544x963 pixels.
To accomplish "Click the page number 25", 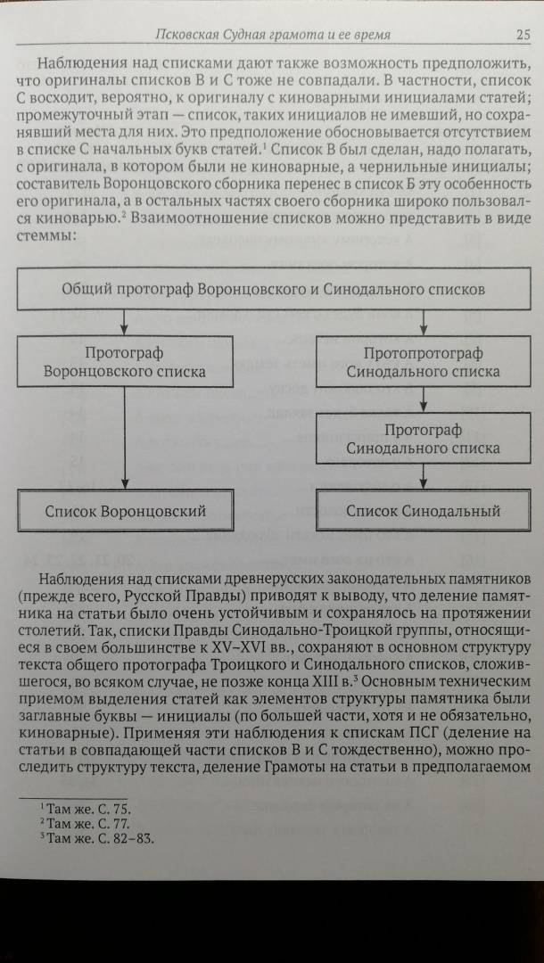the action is coord(523,35).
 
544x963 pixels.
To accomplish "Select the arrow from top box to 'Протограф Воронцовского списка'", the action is coord(125,323).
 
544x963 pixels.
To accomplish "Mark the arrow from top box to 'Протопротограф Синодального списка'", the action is coord(423,323).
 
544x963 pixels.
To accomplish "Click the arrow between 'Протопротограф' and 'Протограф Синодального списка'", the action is coord(423,399).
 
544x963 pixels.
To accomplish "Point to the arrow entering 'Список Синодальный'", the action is coord(423,476).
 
